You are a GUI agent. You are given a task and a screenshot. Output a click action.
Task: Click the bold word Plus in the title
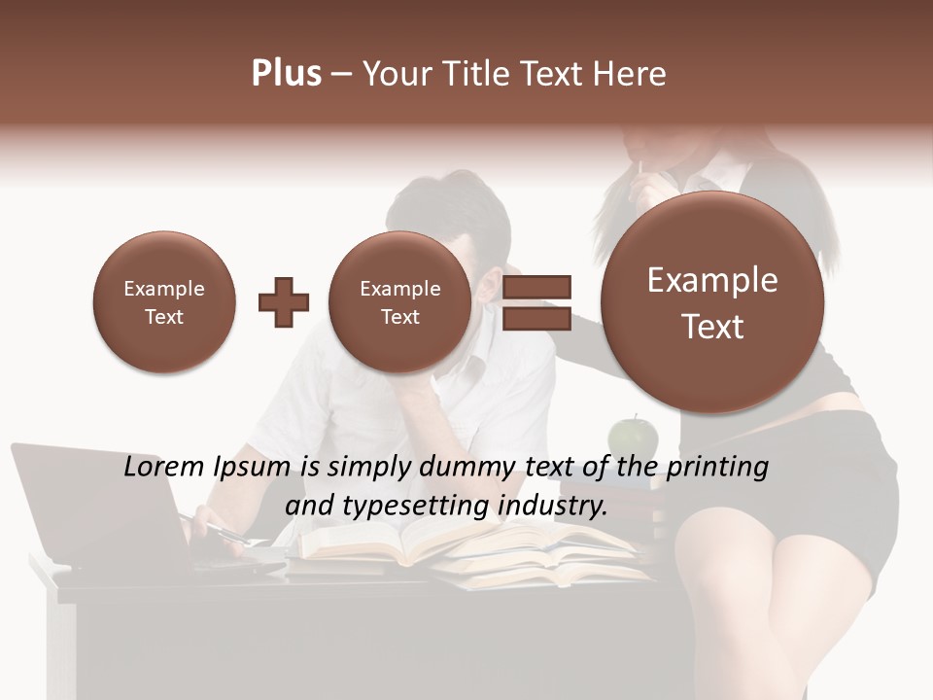coord(286,74)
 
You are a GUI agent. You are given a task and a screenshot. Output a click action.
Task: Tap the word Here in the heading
coord(631,74)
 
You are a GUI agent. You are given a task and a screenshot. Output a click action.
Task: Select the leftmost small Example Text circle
coord(163,302)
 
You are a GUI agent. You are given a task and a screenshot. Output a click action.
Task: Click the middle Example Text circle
coord(399,302)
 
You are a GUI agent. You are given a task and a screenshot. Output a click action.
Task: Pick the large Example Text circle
coord(712,302)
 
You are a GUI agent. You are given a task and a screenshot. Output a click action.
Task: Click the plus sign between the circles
coord(283,302)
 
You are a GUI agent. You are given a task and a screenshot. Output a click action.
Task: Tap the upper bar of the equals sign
coord(536,287)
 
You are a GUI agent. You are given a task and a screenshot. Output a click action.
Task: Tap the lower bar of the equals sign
coord(536,319)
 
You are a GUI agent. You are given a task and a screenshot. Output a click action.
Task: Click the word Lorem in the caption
coord(163,467)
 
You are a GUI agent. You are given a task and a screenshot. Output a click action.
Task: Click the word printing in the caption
coord(716,468)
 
